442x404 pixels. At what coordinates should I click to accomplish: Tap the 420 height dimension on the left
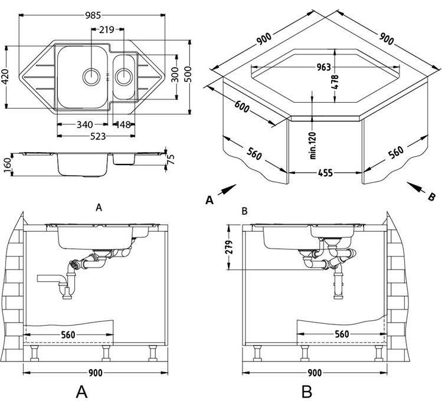click(x=6, y=75)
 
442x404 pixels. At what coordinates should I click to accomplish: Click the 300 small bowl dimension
click(x=175, y=75)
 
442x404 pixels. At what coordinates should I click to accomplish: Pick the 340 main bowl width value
click(x=84, y=124)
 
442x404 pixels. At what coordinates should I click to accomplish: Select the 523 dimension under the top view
click(x=97, y=136)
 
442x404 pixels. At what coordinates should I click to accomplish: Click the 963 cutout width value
click(x=322, y=67)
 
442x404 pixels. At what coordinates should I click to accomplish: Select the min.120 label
click(x=312, y=143)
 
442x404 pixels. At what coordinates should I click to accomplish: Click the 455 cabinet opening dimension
click(x=325, y=173)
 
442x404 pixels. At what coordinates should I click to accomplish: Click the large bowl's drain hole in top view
click(x=91, y=75)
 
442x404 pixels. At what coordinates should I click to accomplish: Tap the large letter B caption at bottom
click(x=306, y=390)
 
